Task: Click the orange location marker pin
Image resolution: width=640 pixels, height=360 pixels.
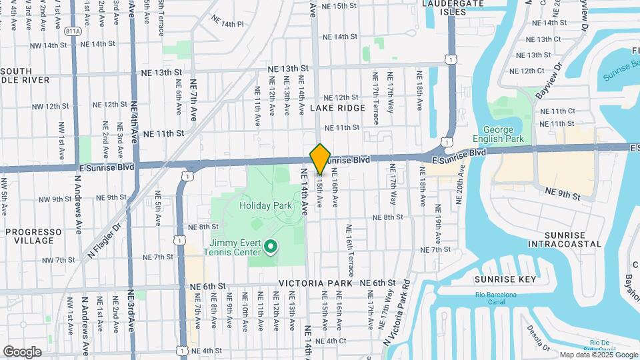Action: [320, 159]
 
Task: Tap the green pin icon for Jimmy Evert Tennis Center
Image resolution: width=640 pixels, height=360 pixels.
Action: [270, 247]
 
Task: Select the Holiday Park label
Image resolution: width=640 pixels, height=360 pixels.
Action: [265, 206]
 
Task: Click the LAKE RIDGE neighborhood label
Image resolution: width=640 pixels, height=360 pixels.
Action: [337, 108]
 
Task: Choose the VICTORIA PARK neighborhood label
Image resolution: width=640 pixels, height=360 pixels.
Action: [310, 283]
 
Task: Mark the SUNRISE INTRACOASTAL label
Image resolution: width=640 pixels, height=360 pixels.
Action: [564, 239]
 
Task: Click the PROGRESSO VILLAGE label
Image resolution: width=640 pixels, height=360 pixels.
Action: [33, 237]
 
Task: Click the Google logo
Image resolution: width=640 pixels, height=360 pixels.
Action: [22, 351]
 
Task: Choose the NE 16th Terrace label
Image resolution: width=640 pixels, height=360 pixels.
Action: [349, 250]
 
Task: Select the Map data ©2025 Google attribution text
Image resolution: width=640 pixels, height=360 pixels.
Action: [598, 355]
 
